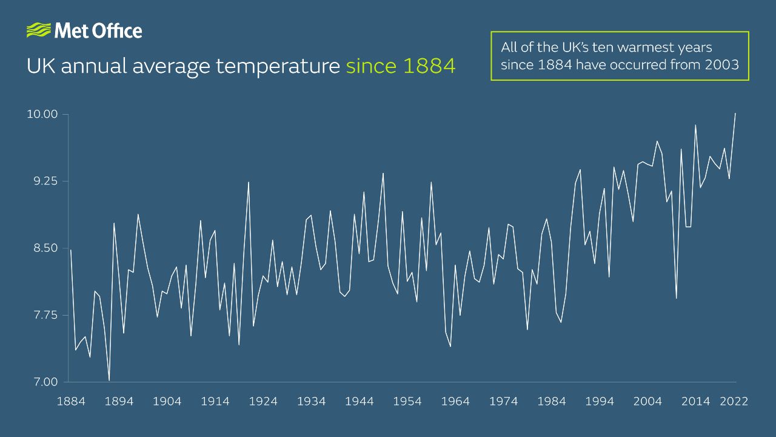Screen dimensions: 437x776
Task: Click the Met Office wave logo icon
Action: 39,30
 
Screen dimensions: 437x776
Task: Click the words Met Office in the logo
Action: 98,30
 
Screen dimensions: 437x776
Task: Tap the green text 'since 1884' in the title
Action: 400,66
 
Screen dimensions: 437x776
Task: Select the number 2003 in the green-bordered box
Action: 722,64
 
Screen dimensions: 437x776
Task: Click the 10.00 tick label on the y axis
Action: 42,114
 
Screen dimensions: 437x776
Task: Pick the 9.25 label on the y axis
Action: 42,181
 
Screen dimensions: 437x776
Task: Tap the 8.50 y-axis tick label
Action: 42,248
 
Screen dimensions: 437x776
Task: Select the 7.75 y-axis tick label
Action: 42,315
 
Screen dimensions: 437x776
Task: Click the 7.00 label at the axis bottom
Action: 42,382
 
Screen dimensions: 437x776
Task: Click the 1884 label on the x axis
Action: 70,401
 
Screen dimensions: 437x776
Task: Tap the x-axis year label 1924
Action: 263,401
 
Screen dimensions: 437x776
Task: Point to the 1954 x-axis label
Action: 407,401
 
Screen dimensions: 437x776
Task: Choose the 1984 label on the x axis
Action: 552,401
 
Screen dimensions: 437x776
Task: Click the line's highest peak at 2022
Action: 735,113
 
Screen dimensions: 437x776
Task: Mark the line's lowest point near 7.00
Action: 109,381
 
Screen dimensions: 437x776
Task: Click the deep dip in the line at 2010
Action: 676,298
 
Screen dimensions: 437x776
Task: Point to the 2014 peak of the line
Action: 695,125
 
